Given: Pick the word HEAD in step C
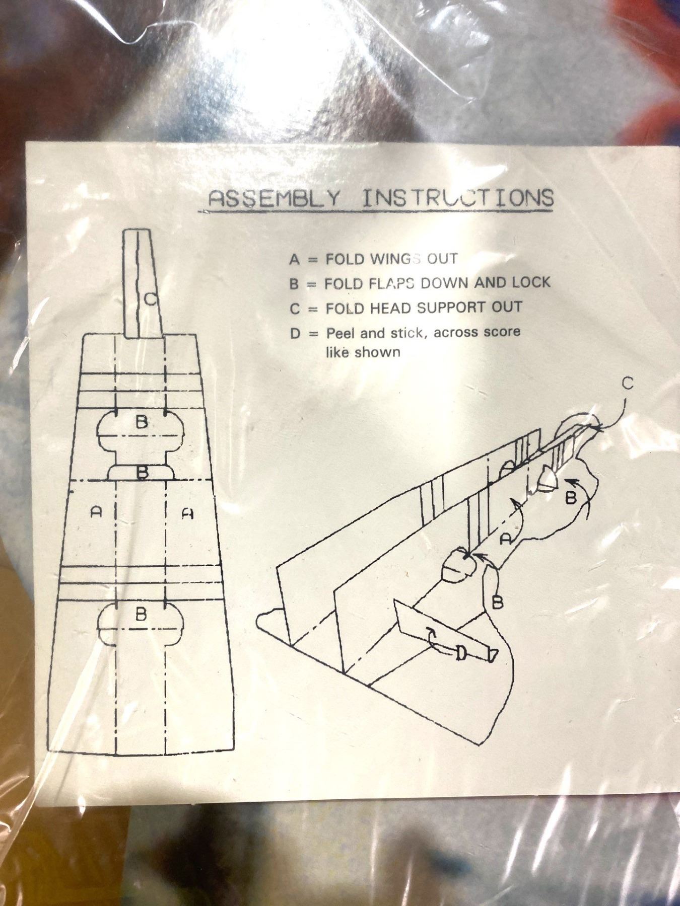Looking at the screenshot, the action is (x=395, y=308).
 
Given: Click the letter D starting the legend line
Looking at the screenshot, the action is (x=296, y=333).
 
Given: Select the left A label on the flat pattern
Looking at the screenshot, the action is (x=96, y=512).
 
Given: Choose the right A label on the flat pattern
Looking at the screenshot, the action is (x=187, y=513).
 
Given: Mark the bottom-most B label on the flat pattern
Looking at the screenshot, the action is (x=142, y=614).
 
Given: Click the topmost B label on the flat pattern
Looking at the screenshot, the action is (x=142, y=422).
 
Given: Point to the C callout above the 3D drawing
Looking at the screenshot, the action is (x=627, y=384).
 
